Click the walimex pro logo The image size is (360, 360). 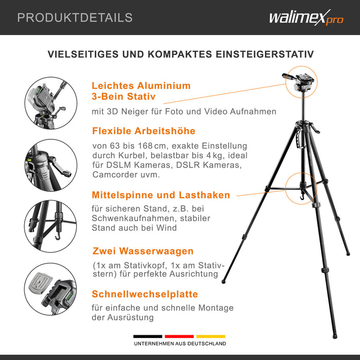point(307,17)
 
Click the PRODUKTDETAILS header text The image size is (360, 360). point(75,17)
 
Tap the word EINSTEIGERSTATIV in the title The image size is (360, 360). point(264,54)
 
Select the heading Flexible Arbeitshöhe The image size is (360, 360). point(143,131)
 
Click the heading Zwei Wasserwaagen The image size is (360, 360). point(143,251)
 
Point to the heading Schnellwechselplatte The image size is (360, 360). point(145,294)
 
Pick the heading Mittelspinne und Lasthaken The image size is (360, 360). point(161,195)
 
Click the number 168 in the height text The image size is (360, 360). point(145,146)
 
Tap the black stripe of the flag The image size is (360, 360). point(148,336)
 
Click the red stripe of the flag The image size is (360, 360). point(179,336)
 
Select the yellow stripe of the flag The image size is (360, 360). point(211,336)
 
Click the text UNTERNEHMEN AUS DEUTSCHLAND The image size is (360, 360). point(180,344)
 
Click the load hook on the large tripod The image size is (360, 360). point(302,197)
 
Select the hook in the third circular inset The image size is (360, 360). point(58,236)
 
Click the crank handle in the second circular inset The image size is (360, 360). point(61,167)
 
